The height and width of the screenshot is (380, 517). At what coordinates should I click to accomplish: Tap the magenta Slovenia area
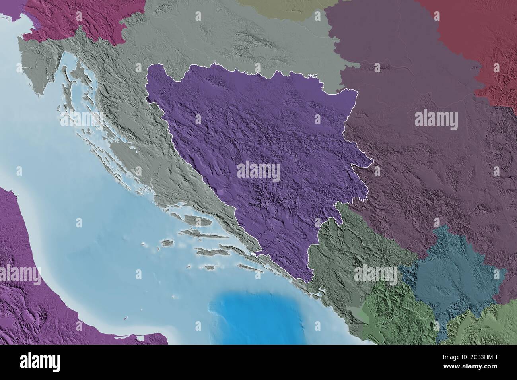tap(76, 20)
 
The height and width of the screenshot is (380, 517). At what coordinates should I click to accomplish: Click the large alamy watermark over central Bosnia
tap(258, 171)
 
